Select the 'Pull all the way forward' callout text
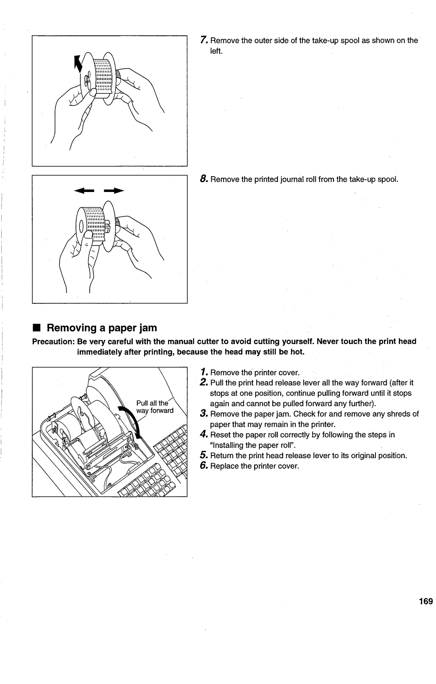pyautogui.click(x=154, y=407)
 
